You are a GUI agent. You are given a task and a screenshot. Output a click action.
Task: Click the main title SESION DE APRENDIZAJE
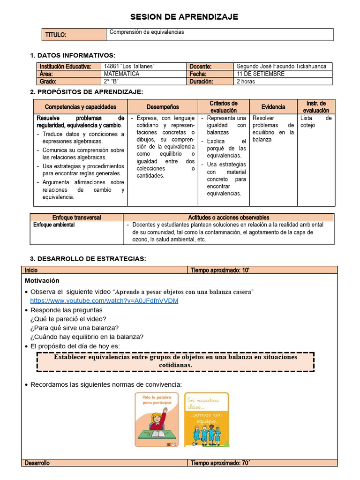click(x=184, y=17)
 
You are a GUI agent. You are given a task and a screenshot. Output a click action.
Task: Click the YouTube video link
click(x=104, y=300)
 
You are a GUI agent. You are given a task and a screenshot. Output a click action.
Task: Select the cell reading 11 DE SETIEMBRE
click(x=261, y=74)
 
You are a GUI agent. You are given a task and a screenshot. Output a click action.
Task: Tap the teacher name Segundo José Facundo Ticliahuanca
click(x=282, y=67)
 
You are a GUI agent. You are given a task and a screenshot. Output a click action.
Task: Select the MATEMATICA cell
click(x=121, y=74)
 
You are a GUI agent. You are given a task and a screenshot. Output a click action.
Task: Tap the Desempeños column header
click(x=162, y=107)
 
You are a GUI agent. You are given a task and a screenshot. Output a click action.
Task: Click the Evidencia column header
click(x=273, y=107)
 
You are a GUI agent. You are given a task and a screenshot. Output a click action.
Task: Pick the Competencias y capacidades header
click(x=80, y=107)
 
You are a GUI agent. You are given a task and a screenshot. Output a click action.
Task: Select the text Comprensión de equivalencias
click(x=147, y=32)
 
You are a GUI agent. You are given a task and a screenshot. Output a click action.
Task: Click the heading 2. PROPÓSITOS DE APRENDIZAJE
click(x=86, y=92)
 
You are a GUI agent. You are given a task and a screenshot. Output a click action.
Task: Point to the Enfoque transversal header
click(x=76, y=217)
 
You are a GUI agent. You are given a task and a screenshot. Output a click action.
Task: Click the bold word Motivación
click(x=42, y=281)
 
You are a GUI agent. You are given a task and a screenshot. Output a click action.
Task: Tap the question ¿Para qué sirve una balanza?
click(x=74, y=328)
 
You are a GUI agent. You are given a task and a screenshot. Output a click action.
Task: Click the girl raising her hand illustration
click(x=157, y=419)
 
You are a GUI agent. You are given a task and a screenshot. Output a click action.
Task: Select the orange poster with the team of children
click(x=206, y=419)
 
